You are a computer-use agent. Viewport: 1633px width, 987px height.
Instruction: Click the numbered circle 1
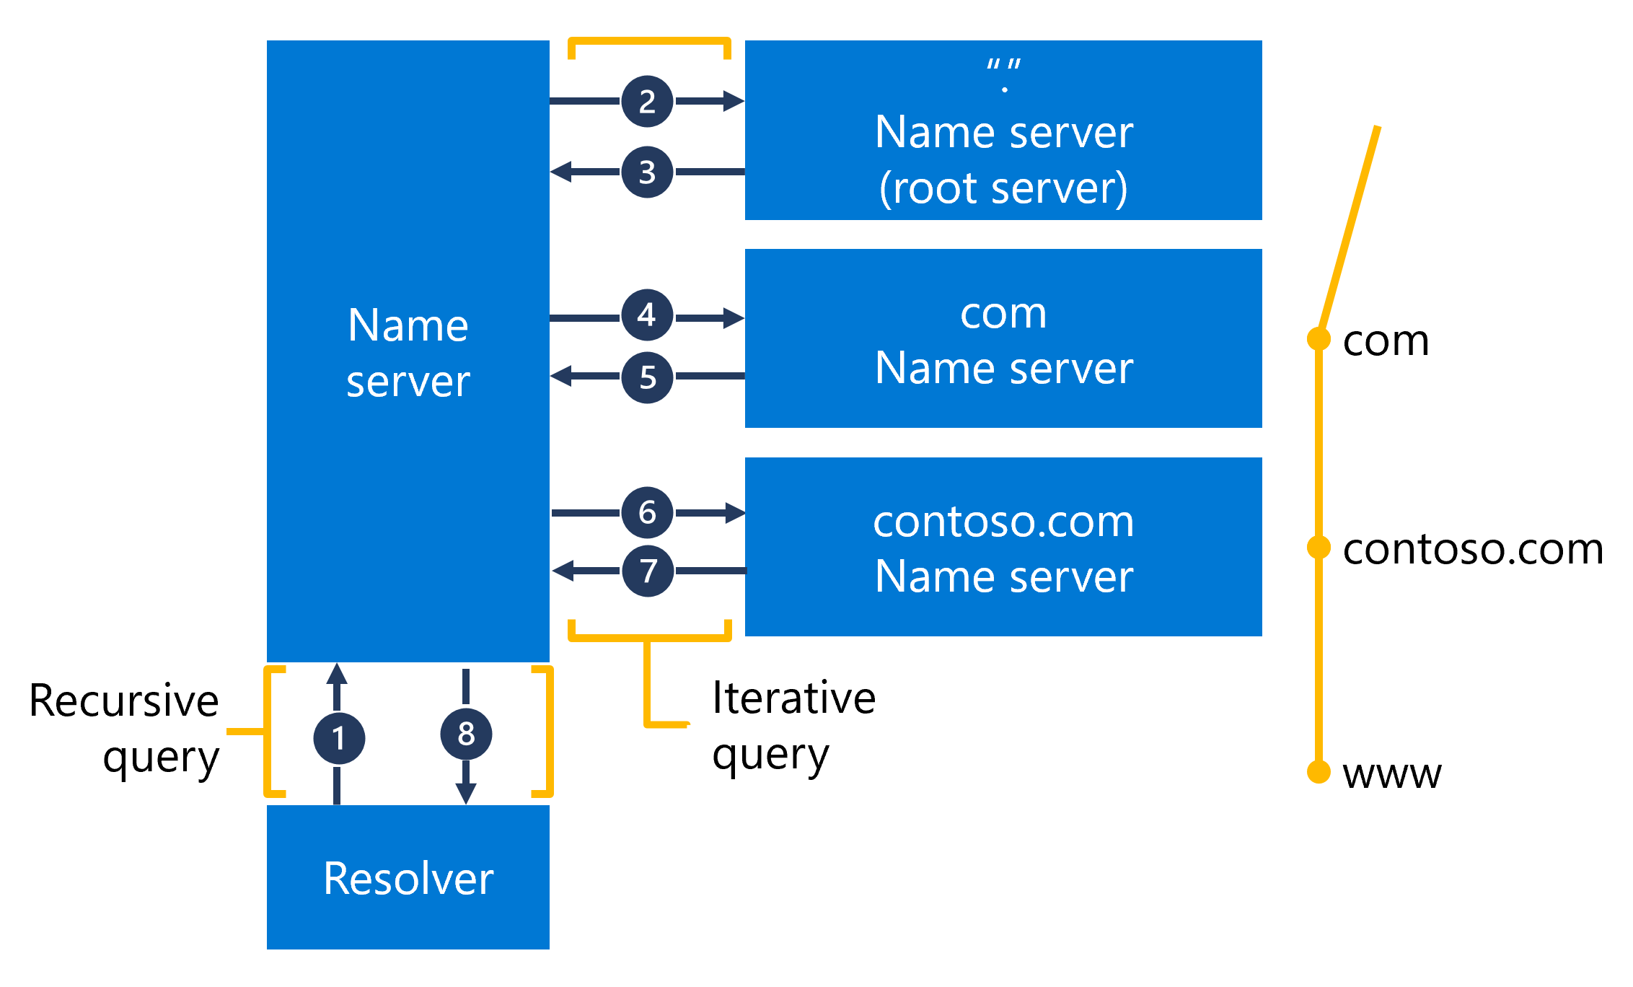coord(339,738)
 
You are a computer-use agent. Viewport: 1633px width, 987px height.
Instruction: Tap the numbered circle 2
coord(647,101)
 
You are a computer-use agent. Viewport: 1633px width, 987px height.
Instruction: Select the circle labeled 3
coord(647,172)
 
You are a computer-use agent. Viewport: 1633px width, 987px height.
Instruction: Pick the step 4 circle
coord(647,315)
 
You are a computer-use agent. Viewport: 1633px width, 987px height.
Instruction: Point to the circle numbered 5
coord(647,377)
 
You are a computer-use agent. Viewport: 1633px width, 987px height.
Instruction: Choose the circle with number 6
coord(647,512)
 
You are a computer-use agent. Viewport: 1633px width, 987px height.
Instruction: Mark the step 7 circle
coord(648,571)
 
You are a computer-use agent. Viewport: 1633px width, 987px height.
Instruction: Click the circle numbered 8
coord(466,734)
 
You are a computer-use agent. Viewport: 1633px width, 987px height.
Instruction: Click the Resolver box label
coord(408,878)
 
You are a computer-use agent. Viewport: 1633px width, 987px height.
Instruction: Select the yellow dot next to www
coord(1319,771)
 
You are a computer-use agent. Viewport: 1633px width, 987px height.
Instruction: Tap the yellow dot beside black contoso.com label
coord(1319,547)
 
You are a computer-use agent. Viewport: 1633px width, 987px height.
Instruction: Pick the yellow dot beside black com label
coord(1319,338)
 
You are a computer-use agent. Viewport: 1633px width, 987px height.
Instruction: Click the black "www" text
coord(1391,774)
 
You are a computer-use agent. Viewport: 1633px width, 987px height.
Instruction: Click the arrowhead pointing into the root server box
coord(734,101)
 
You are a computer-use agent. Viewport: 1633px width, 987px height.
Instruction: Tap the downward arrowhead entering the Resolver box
coord(466,794)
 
